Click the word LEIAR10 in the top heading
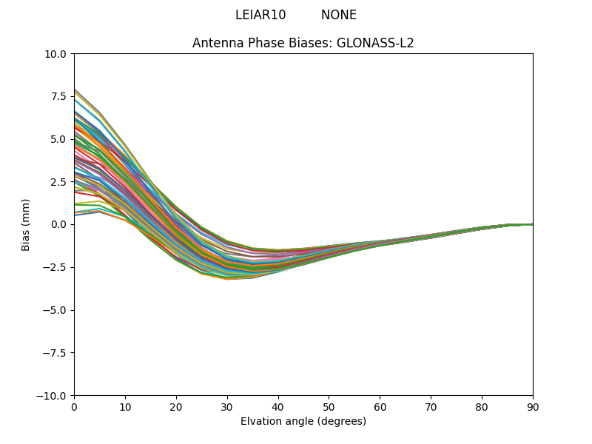260,15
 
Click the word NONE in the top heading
339,15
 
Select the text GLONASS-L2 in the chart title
375,43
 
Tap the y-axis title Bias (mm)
26,224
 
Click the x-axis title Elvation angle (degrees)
303,422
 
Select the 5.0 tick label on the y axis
59,139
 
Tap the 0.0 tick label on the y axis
59,224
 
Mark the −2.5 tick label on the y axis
55,267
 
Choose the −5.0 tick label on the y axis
55,310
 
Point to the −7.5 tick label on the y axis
55,353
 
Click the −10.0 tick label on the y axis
53,396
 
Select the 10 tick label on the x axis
125,406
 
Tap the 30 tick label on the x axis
227,406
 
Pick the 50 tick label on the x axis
329,406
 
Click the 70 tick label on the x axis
431,406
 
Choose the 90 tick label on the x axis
533,406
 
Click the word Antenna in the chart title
215,43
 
